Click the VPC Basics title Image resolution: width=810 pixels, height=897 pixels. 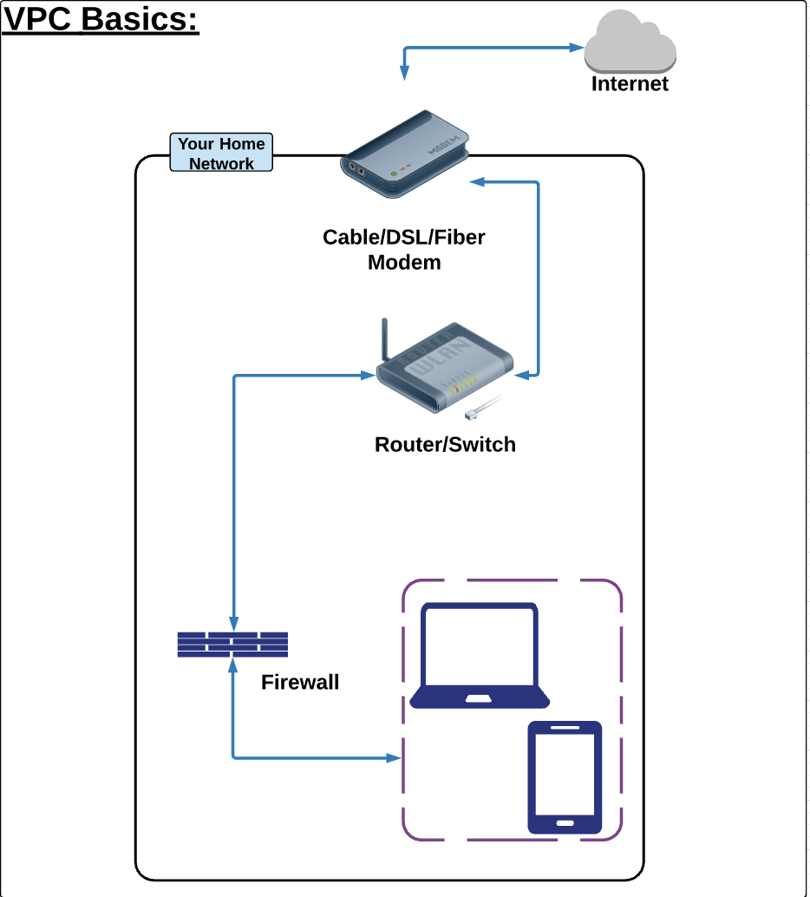pos(101,19)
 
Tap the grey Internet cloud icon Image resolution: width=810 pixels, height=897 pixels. pos(630,43)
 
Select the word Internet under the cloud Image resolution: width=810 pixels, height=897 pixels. pos(630,84)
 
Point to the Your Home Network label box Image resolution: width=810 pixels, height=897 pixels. pos(221,154)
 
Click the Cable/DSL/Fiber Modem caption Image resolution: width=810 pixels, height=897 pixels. pos(404,249)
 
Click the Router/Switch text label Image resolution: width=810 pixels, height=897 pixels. pos(445,445)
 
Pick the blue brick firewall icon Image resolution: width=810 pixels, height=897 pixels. pos(232,644)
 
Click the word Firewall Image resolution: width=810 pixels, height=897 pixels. pos(300,683)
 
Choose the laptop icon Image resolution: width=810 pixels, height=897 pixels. pos(480,657)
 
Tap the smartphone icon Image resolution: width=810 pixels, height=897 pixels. pos(565,777)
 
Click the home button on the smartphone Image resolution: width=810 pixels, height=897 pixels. pos(565,822)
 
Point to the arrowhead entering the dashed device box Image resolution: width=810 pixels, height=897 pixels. pos(395,758)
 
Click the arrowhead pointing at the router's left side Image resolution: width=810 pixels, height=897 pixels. pos(368,376)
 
